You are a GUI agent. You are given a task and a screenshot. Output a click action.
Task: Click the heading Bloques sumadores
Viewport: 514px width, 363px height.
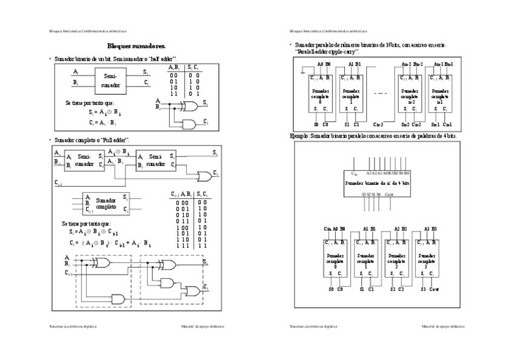point(136,45)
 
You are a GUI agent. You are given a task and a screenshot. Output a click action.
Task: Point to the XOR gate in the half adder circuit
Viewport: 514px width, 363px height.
point(190,106)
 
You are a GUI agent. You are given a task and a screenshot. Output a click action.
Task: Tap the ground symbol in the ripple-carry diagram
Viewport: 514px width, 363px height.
point(303,73)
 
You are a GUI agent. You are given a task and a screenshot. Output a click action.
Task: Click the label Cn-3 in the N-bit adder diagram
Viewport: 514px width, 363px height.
point(378,124)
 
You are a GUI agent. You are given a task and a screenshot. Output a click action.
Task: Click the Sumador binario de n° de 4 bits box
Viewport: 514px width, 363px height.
point(377,182)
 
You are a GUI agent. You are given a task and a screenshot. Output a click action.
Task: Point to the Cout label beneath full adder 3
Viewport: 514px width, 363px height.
point(434,290)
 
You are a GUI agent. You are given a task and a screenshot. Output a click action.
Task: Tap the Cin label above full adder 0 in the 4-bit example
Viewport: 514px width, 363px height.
point(328,228)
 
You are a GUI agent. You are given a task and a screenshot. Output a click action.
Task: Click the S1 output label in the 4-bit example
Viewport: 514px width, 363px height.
point(362,290)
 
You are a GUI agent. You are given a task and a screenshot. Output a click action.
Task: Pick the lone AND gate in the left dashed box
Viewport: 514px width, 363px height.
point(118,299)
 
